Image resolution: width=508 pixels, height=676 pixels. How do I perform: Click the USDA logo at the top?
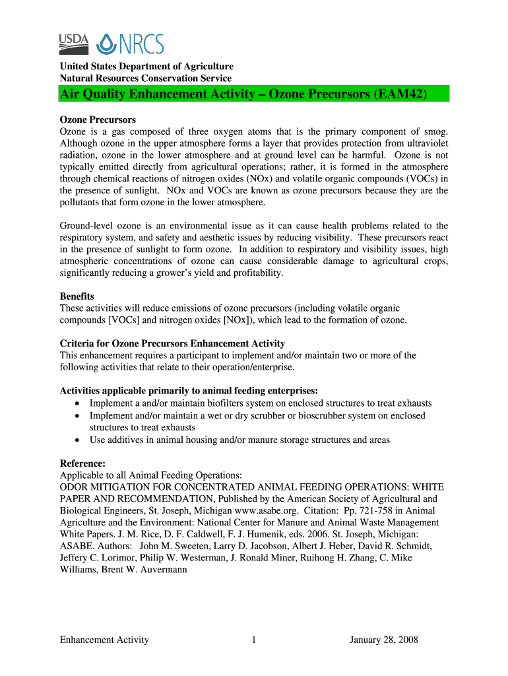(x=75, y=43)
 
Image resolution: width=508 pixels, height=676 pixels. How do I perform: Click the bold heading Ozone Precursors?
(x=98, y=119)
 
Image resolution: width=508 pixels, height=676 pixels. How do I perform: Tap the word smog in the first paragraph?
(x=435, y=131)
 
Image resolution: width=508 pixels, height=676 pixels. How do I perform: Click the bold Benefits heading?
(x=77, y=296)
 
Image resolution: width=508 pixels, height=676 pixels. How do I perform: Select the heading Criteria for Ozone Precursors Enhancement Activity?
(x=172, y=343)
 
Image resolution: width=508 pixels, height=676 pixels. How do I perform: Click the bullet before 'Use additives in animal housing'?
(x=79, y=440)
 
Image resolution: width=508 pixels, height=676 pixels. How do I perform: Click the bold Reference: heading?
(x=82, y=463)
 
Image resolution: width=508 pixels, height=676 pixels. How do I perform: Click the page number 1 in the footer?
(x=254, y=640)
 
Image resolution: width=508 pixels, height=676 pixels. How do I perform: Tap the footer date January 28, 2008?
(x=384, y=640)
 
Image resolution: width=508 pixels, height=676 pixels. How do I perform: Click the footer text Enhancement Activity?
(x=104, y=640)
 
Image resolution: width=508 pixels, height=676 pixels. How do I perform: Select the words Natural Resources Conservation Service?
(x=146, y=79)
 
